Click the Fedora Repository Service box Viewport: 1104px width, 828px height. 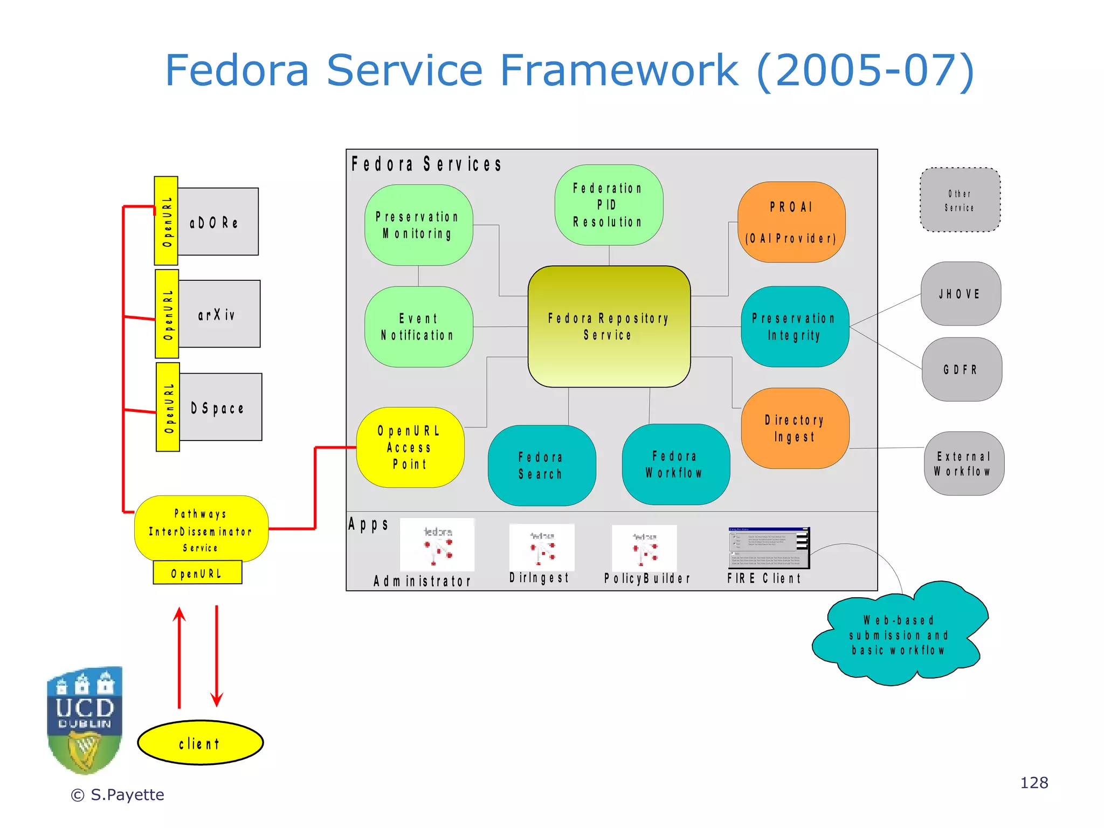pyautogui.click(x=609, y=326)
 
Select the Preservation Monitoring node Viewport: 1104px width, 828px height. pyautogui.click(x=418, y=225)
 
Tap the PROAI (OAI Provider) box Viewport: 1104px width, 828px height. pyautogui.click(x=791, y=222)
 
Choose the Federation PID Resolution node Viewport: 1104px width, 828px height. pyautogui.click(x=609, y=205)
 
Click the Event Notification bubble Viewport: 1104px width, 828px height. pyautogui.click(x=418, y=327)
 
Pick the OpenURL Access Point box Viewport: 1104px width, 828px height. pyautogui.click(x=410, y=447)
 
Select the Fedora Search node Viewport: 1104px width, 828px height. pyautogui.click(x=541, y=465)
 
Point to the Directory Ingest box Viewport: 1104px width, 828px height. pyautogui.click(x=795, y=428)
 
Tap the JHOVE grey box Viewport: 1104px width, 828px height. pyautogui.click(x=960, y=294)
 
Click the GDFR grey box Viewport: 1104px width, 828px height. pyautogui.click(x=961, y=369)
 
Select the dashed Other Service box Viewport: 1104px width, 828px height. pyautogui.click(x=960, y=200)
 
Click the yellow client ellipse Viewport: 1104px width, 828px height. pyautogui.click(x=200, y=742)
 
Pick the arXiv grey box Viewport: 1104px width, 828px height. pyautogui.click(x=219, y=314)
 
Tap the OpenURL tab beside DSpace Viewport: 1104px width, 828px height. pyautogui.click(x=168, y=407)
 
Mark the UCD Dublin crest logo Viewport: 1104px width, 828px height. pyautogui.click(x=85, y=720)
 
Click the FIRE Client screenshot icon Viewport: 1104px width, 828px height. pyautogui.click(x=768, y=548)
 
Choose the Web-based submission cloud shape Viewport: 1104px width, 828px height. pyautogui.click(x=899, y=635)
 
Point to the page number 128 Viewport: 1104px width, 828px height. pyautogui.click(x=1033, y=783)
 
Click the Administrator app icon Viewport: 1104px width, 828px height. pyautogui.click(x=437, y=545)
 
